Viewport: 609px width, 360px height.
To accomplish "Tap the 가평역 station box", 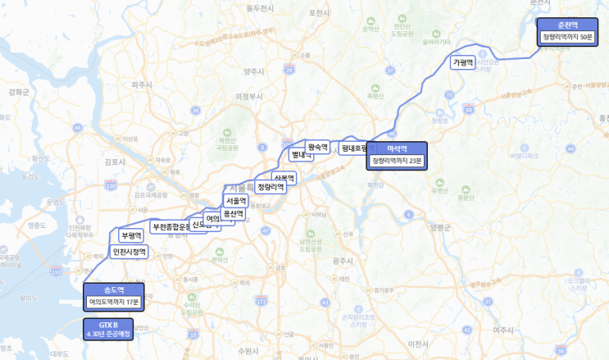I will pyautogui.click(x=464, y=62).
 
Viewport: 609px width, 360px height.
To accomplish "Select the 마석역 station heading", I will pyautogui.click(x=398, y=148).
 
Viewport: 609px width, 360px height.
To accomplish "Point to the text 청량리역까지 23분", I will pyautogui.click(x=398, y=161).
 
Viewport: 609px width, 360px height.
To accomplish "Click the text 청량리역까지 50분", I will pyautogui.click(x=567, y=38).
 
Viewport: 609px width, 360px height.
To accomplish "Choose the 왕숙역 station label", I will pyautogui.click(x=318, y=148).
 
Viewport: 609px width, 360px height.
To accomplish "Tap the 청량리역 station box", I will pyautogui.click(x=270, y=187).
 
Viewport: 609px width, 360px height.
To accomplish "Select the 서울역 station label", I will pyautogui.click(x=236, y=201).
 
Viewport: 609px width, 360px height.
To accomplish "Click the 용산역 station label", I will pyautogui.click(x=234, y=213).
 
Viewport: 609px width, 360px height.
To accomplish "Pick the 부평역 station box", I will pyautogui.click(x=131, y=235).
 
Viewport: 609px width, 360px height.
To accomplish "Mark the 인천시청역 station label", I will pyautogui.click(x=130, y=252).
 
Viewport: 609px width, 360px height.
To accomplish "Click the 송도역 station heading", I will pyautogui.click(x=114, y=289).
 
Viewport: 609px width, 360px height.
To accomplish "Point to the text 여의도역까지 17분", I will pyautogui.click(x=114, y=302).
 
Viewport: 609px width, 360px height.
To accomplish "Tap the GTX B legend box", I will pyautogui.click(x=110, y=329).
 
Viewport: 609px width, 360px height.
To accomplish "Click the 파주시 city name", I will pyautogui.click(x=143, y=84).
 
